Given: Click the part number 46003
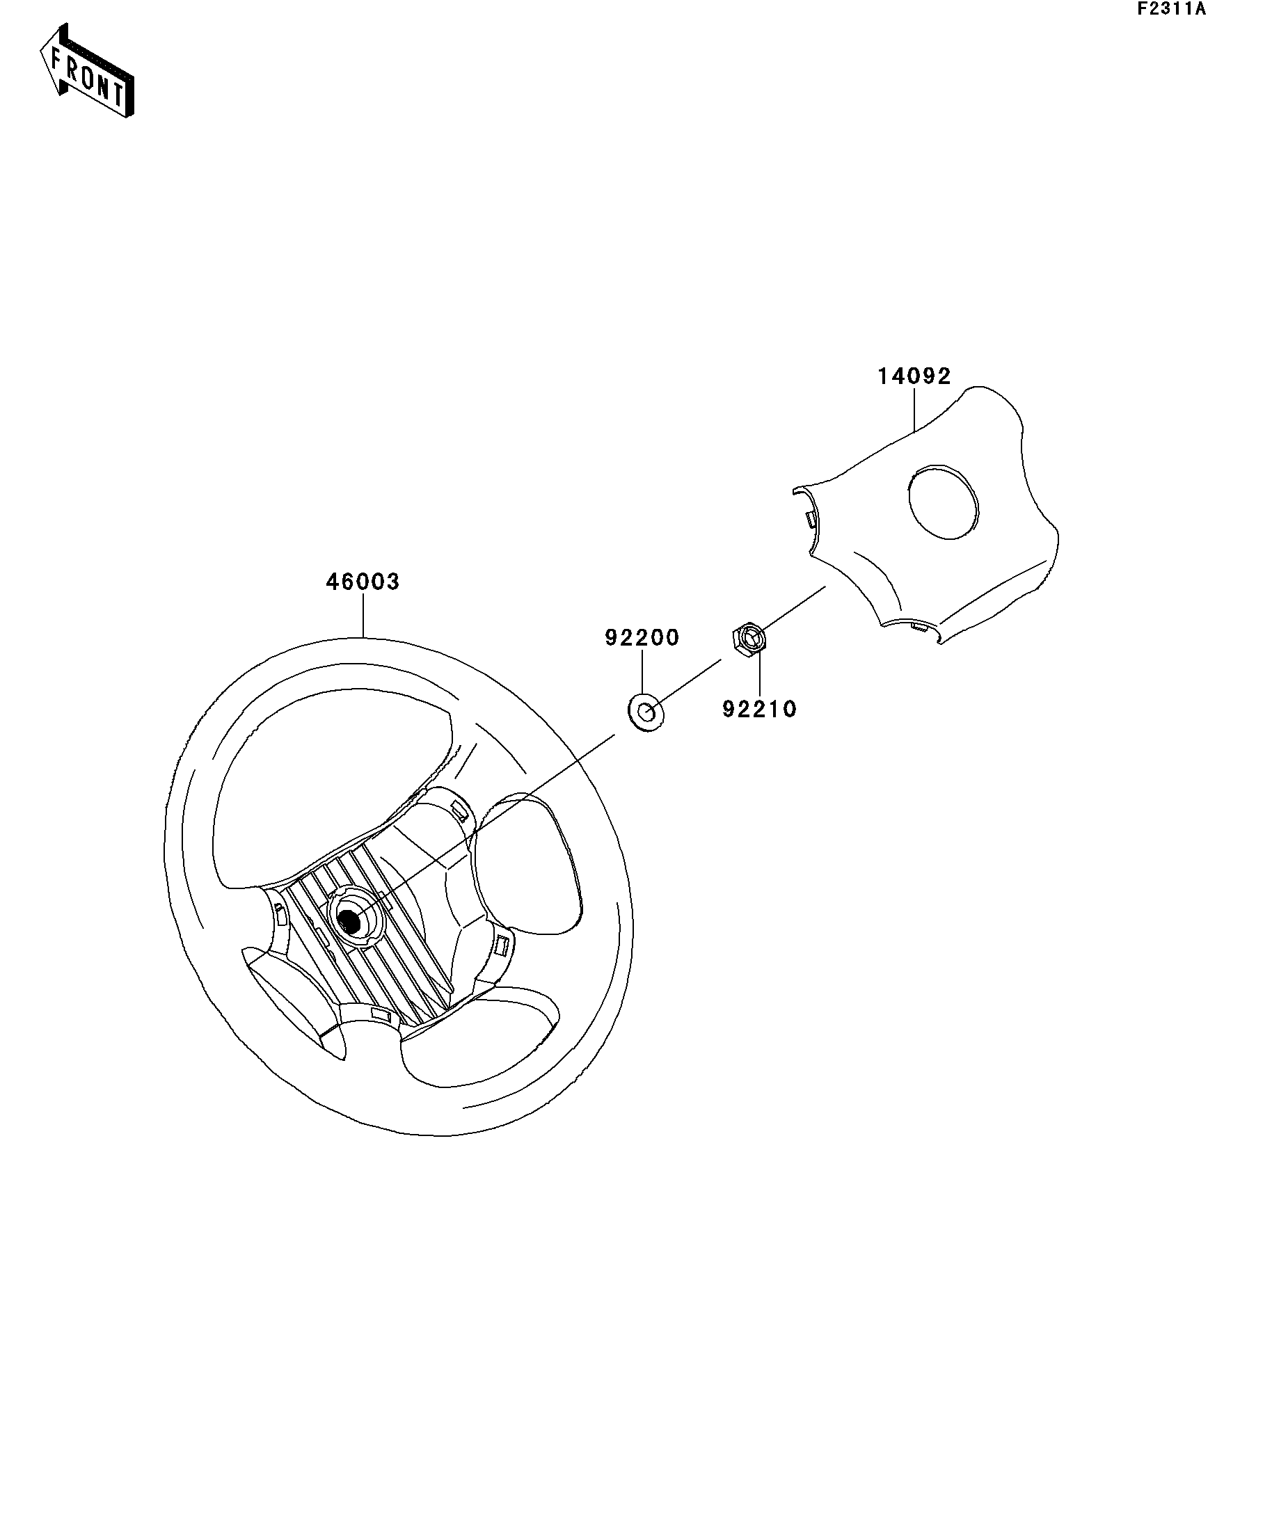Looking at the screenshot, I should click(x=363, y=582).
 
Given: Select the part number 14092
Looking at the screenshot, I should click(x=914, y=376).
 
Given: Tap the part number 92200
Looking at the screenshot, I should click(x=642, y=638).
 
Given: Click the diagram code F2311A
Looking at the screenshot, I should click(x=1170, y=10).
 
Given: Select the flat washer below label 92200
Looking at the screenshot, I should click(x=646, y=712).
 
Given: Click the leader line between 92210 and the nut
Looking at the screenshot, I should click(x=759, y=675).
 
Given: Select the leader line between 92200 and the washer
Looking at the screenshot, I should click(x=642, y=672).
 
